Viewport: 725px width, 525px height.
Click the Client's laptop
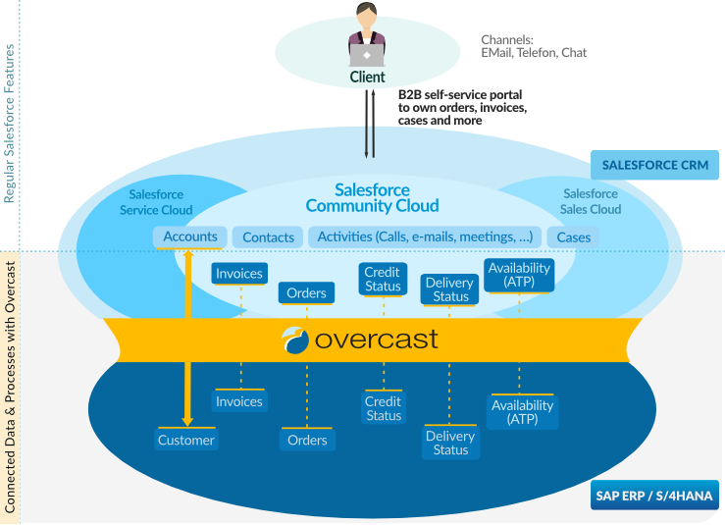[x=367, y=55]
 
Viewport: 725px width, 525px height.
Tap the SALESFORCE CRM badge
[x=654, y=165]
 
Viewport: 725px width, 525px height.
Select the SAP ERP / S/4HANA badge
[x=654, y=496]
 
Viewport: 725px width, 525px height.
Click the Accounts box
[x=190, y=236]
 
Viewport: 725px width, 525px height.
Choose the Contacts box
[x=268, y=237]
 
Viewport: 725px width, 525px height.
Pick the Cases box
[x=573, y=237]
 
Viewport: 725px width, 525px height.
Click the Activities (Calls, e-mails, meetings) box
[x=425, y=236]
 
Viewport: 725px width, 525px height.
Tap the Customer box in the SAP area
[x=185, y=440]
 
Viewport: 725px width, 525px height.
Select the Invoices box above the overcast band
[x=239, y=274]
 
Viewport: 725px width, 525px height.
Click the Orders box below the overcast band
[x=307, y=440]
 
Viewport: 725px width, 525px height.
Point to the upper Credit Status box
[x=383, y=279]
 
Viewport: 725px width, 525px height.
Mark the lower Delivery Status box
[x=450, y=443]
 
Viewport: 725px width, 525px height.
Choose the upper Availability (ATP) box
[x=519, y=275]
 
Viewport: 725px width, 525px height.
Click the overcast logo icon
[x=295, y=340]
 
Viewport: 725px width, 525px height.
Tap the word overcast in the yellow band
[x=376, y=340]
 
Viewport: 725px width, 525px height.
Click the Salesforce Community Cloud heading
[x=372, y=198]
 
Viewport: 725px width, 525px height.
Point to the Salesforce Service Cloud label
[x=156, y=202]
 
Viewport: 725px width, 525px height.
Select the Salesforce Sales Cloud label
[x=591, y=201]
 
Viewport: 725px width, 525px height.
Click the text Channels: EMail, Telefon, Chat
[x=534, y=46]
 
